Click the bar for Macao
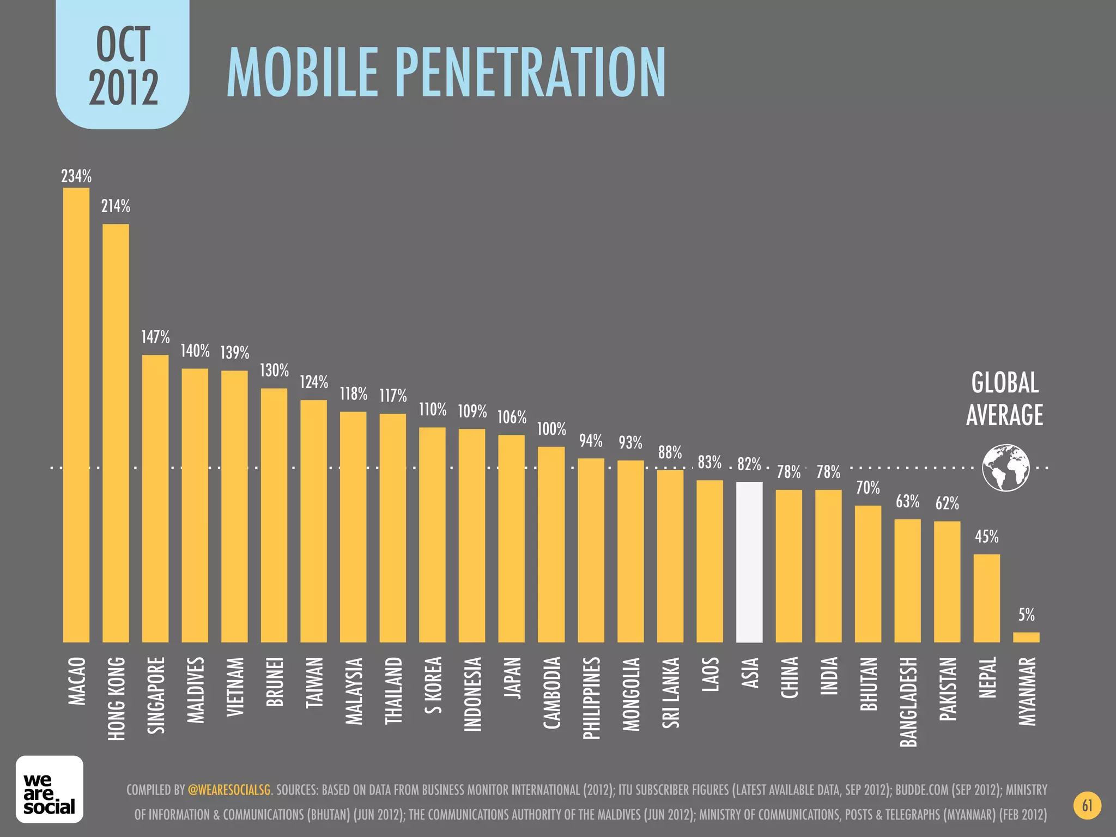[x=76, y=414]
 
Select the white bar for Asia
[x=749, y=561]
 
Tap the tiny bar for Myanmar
[x=1026, y=637]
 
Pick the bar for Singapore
[x=155, y=499]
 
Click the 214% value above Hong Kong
[x=116, y=206]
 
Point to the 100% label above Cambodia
[x=551, y=429]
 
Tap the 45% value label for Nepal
[x=987, y=537]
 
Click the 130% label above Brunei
[x=274, y=371]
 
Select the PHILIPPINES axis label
[x=591, y=698]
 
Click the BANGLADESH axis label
[x=908, y=702]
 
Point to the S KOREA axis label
[x=433, y=685]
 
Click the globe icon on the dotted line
[x=1006, y=468]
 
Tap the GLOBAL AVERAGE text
[x=1005, y=399]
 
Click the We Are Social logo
[x=50, y=789]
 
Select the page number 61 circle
[x=1087, y=805]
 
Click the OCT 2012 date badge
[x=123, y=65]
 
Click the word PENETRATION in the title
[x=531, y=72]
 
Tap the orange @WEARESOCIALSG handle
[x=229, y=790]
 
